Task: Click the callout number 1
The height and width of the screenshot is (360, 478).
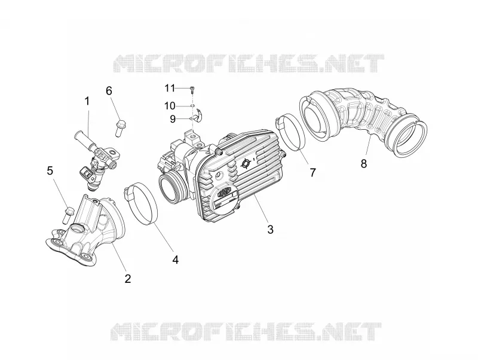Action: point(87,101)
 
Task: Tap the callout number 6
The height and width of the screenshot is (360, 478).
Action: point(109,91)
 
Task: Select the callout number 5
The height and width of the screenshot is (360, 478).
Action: point(50,170)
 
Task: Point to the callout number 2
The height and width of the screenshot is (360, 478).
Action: point(128,278)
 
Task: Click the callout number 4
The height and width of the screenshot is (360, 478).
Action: point(175,260)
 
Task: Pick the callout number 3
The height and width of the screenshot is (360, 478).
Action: point(271,229)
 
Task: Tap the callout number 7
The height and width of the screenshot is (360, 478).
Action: point(312,172)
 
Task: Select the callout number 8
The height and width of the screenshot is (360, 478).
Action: point(364,163)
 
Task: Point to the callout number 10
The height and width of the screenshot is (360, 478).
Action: point(170,106)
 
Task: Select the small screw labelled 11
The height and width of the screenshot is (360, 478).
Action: point(192,89)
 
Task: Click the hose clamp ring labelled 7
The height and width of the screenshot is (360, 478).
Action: point(290,132)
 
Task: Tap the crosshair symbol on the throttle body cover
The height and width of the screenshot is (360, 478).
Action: point(245,164)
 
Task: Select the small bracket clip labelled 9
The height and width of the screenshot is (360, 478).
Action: point(199,115)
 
